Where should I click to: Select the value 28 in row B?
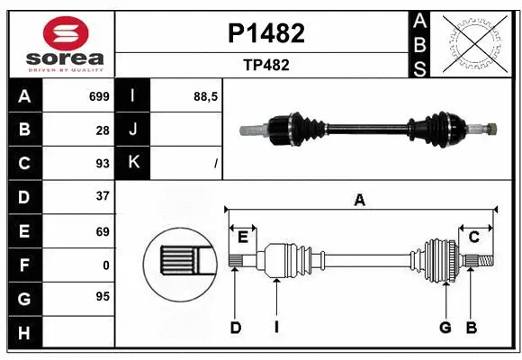pyautogui.click(x=103, y=130)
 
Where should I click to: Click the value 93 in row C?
pyautogui.click(x=103, y=163)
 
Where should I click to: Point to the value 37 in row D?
pyautogui.click(x=103, y=196)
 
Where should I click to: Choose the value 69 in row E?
pyautogui.click(x=103, y=230)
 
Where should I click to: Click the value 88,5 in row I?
pyautogui.click(x=206, y=96)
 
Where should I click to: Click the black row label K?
pyautogui.click(x=133, y=163)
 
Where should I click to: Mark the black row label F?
pyautogui.click(x=24, y=265)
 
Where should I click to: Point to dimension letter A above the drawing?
pyautogui.click(x=360, y=201)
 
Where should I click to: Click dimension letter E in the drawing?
pyautogui.click(x=243, y=237)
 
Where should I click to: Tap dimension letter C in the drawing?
pyautogui.click(x=473, y=237)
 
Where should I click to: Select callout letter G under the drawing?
pyautogui.click(x=445, y=328)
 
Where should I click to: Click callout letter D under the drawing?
pyautogui.click(x=236, y=328)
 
